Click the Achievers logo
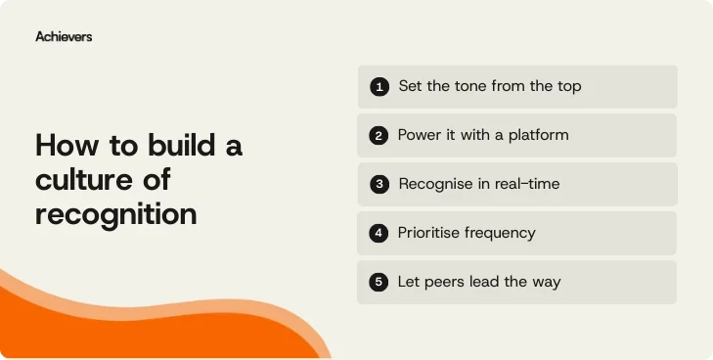point(64,36)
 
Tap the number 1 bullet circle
point(379,87)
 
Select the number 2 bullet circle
point(379,136)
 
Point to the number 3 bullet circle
point(379,185)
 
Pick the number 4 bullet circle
point(379,234)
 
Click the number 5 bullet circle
point(379,283)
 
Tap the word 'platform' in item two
point(537,135)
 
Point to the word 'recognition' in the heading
point(115,214)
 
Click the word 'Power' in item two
point(420,135)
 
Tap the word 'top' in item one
point(568,86)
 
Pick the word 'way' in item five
point(546,282)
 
